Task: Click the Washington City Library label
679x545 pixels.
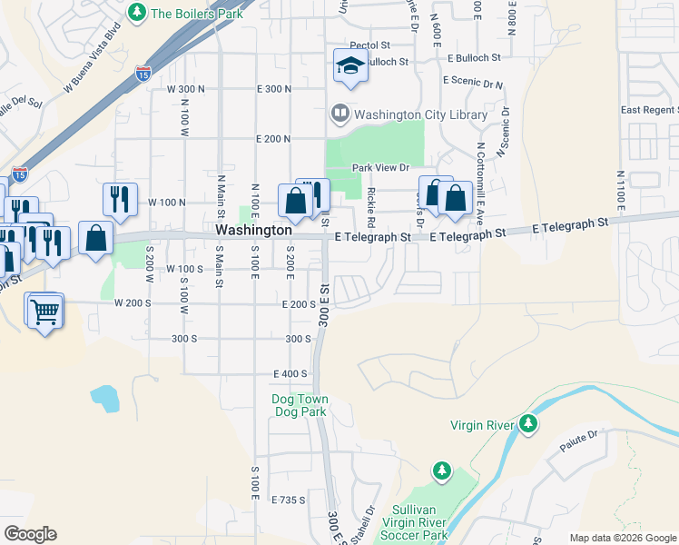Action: [420, 114]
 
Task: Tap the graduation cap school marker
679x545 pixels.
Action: [349, 65]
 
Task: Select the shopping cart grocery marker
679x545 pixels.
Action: [44, 312]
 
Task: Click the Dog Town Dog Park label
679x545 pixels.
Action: [300, 405]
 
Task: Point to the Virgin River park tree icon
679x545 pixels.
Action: [527, 424]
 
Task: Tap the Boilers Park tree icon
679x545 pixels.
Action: [136, 13]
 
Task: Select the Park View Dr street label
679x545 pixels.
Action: [381, 168]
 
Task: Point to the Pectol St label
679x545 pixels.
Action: [369, 44]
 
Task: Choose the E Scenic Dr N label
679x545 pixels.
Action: [473, 81]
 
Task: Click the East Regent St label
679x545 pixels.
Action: [650, 110]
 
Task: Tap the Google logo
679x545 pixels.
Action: [30, 534]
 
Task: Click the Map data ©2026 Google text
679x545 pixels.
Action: [622, 538]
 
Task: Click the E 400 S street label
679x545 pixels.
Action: [291, 373]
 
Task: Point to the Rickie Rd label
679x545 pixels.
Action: [371, 208]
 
